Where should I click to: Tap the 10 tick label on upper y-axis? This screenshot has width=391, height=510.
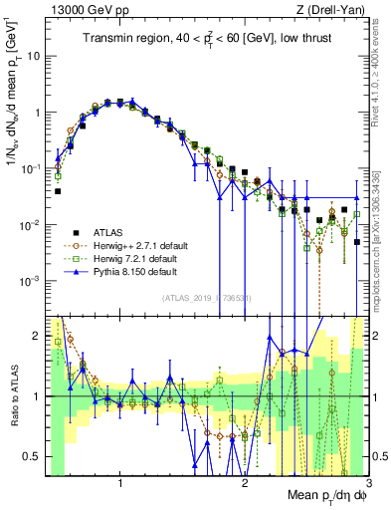(32, 56)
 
